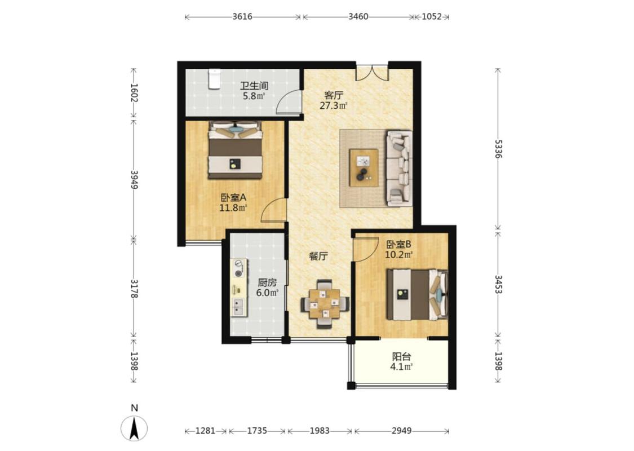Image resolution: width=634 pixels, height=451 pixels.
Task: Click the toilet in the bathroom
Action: coord(214,79)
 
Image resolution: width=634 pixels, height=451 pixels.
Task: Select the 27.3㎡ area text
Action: coord(334,106)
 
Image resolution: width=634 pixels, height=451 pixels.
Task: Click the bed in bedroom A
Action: coord(235,150)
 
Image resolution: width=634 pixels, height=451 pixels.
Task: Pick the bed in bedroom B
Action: coord(418,295)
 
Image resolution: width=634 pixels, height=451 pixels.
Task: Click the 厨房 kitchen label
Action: coord(267,283)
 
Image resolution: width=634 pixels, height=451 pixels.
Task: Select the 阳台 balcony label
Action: coord(401,357)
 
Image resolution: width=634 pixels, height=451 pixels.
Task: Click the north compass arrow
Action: coord(134,428)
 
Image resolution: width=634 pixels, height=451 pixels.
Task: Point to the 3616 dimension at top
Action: coord(242,16)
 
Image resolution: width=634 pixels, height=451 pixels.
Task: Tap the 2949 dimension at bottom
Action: coord(401,431)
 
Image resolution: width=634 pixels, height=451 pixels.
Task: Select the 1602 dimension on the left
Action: coord(134,93)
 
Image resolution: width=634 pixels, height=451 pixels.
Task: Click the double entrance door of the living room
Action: coord(372,72)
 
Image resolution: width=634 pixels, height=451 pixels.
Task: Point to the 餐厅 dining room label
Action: coord(318,256)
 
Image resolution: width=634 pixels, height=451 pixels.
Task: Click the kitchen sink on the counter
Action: coord(238,307)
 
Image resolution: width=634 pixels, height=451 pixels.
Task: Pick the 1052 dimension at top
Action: coord(432,16)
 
